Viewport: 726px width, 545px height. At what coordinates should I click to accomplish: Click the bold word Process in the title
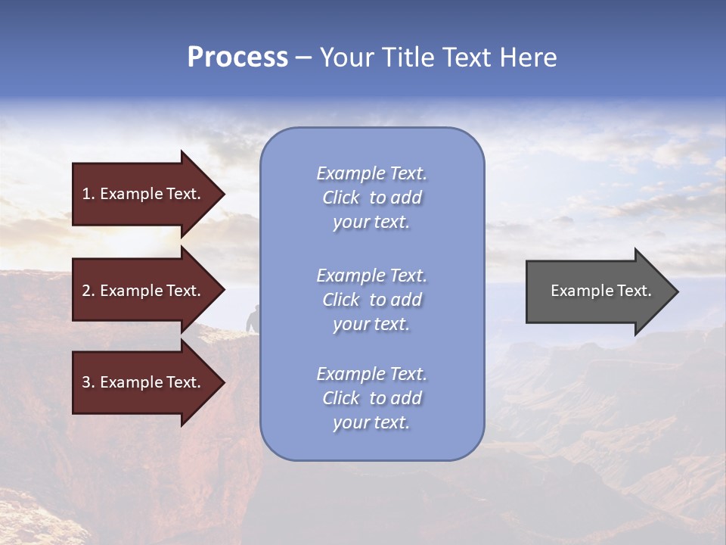point(237,58)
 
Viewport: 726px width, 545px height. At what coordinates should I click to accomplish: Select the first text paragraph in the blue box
point(371,198)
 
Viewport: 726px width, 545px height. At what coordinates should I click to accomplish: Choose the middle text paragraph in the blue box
point(371,300)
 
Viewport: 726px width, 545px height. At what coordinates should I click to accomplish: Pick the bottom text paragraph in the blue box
point(371,398)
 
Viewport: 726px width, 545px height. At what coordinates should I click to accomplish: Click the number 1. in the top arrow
point(88,194)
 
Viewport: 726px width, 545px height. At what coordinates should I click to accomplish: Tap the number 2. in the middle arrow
point(88,291)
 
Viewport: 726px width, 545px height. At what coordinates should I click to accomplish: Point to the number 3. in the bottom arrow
point(88,382)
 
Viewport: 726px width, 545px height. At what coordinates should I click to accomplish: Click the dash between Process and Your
point(304,58)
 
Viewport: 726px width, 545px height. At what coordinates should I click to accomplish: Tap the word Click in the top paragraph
point(341,198)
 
